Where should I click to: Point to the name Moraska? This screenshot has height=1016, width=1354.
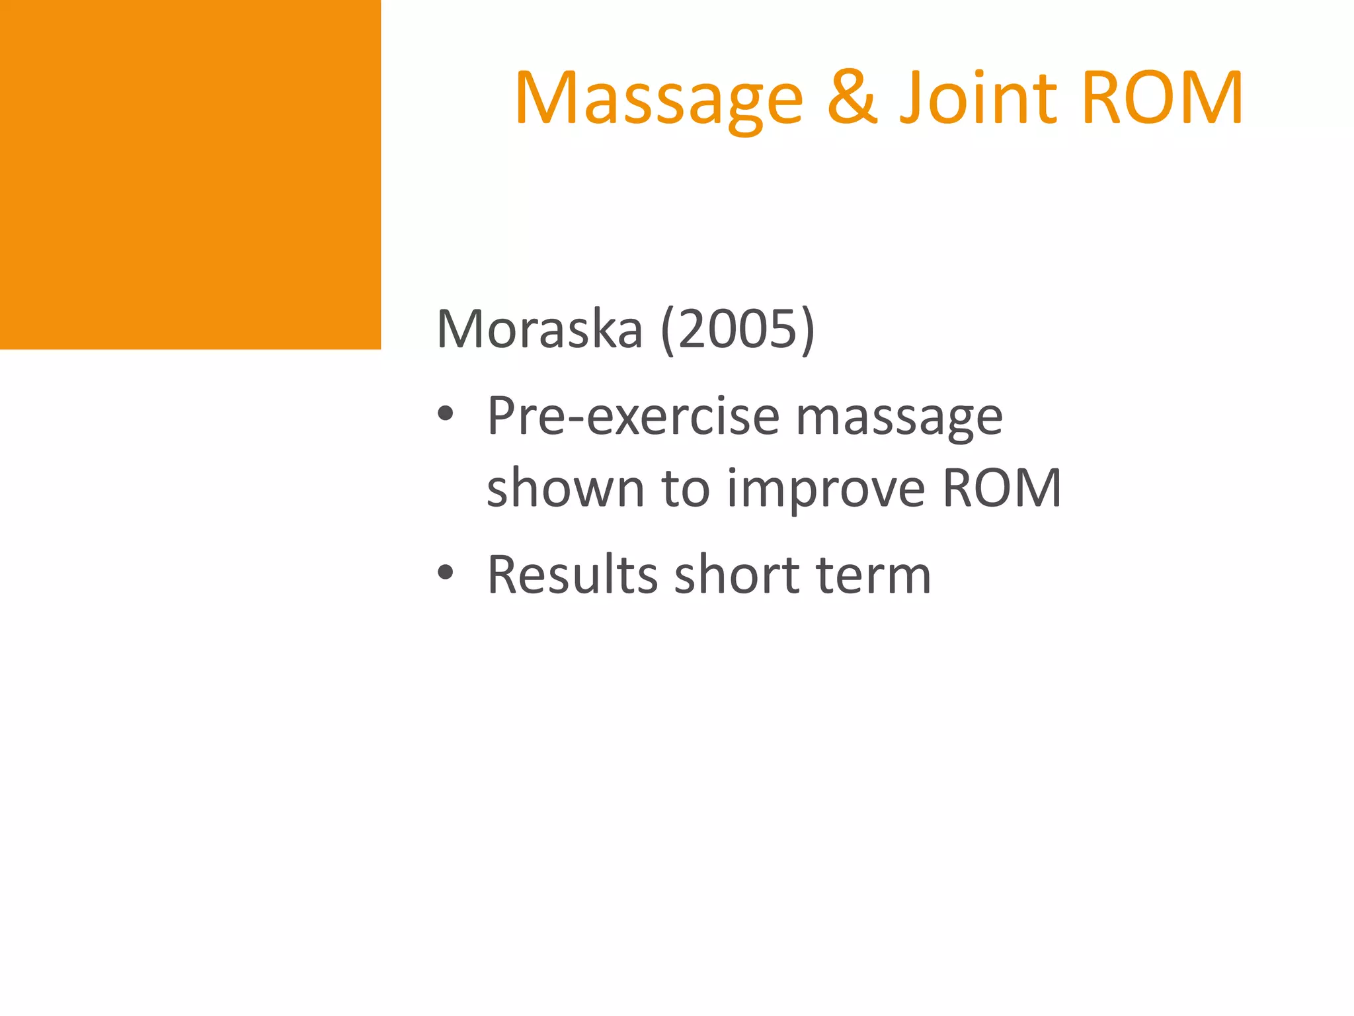pyautogui.click(x=539, y=329)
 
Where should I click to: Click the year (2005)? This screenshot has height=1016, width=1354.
pyautogui.click(x=738, y=329)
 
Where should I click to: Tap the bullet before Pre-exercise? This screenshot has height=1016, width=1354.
pyautogui.click(x=446, y=414)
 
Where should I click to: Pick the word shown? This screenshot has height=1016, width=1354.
pyautogui.click(x=565, y=487)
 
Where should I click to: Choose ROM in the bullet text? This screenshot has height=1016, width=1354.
pyautogui.click(x=1002, y=488)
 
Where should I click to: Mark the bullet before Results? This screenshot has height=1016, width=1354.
pyautogui.click(x=446, y=572)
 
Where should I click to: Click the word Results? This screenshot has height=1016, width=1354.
pyautogui.click(x=573, y=574)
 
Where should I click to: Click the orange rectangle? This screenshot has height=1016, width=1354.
pyautogui.click(x=190, y=174)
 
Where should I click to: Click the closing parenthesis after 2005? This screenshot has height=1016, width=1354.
pyautogui.click(x=808, y=329)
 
